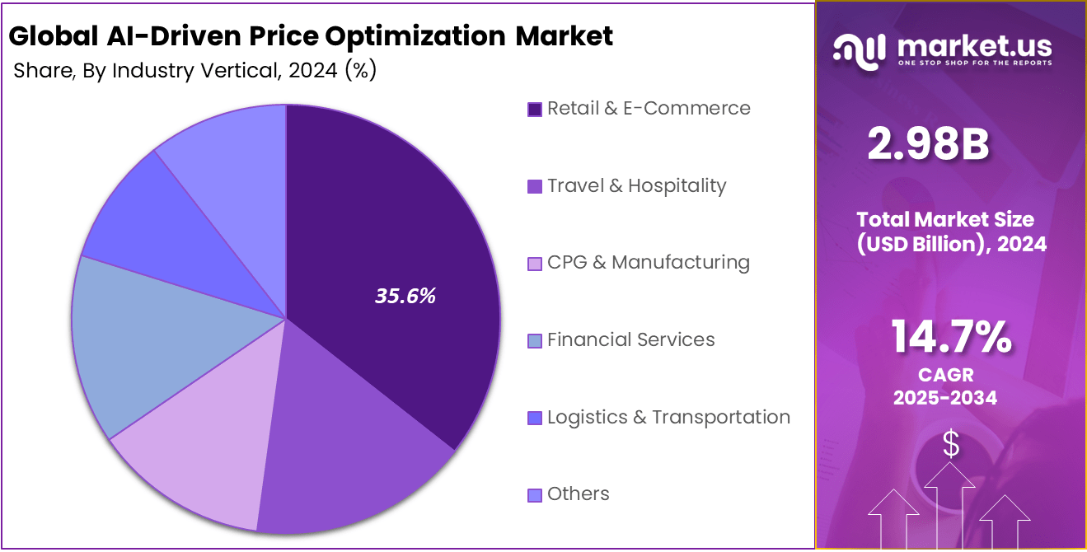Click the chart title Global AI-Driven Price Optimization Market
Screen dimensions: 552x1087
coord(311,36)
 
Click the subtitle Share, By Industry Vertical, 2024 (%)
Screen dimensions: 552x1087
coord(195,71)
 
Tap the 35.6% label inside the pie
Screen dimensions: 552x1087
coord(405,297)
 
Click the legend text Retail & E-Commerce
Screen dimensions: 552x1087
coord(649,108)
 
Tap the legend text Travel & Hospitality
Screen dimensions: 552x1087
coord(636,185)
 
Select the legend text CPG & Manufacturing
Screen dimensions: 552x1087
coord(648,263)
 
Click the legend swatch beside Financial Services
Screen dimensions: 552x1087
coord(534,340)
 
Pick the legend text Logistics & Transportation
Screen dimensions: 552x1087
coord(668,417)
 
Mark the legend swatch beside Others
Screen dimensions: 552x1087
coord(534,494)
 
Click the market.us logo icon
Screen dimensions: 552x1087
coord(859,49)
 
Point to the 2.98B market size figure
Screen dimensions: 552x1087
coord(929,145)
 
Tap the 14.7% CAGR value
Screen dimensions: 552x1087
coord(951,338)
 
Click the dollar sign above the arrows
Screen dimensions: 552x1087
coord(951,445)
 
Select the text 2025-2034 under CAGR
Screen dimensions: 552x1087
coord(945,398)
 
